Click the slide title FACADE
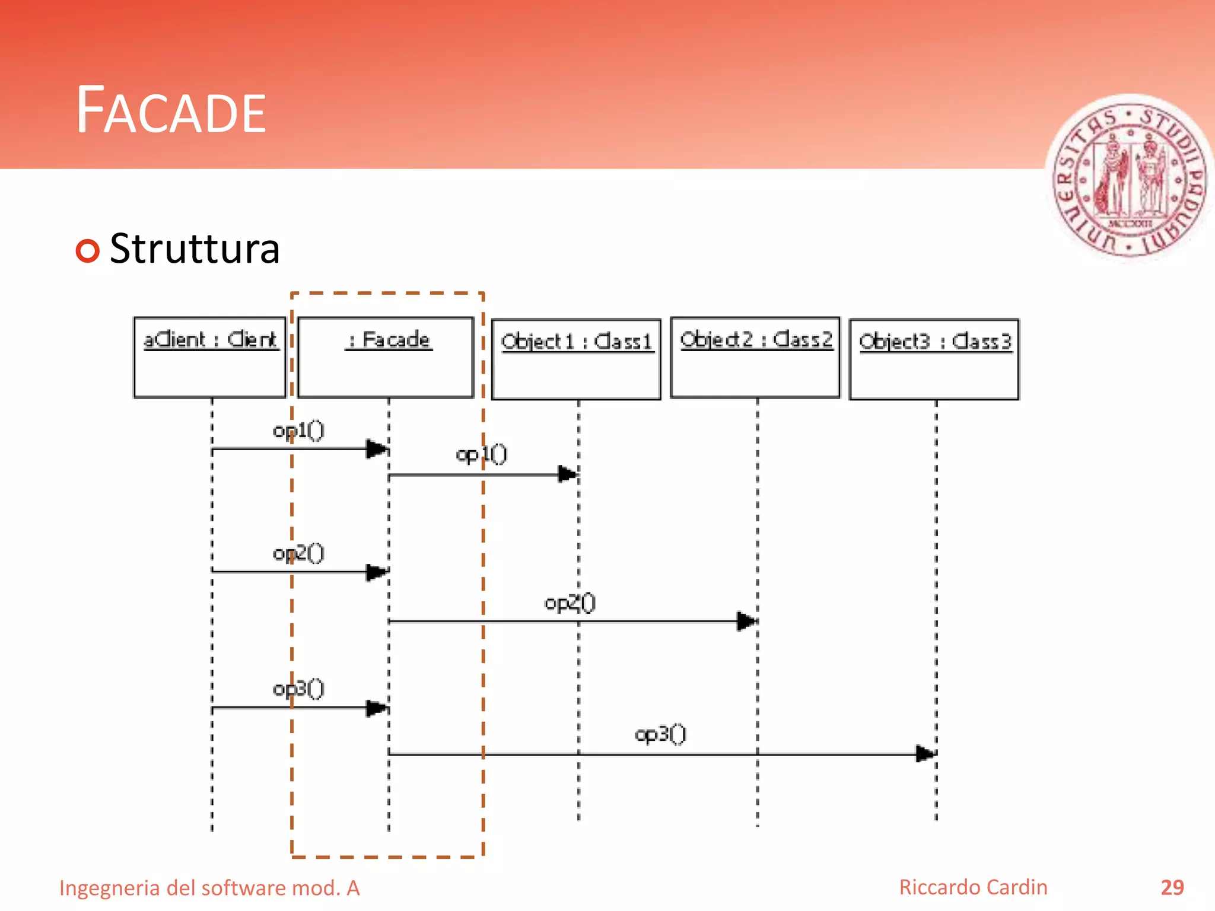click(171, 110)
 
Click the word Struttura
click(195, 249)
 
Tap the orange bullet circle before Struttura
click(88, 250)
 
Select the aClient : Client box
click(210, 358)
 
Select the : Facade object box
click(386, 358)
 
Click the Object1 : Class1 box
click(576, 359)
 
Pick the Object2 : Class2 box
click(755, 358)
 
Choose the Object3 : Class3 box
click(934, 359)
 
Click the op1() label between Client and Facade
click(298, 431)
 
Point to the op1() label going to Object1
click(481, 455)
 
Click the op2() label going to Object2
click(570, 603)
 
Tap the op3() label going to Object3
click(660, 735)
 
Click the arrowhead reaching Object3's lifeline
click(925, 754)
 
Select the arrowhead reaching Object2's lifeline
click(746, 621)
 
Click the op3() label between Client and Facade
click(298, 689)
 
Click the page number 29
click(1172, 887)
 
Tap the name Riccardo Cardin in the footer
click(973, 887)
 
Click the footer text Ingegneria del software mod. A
click(209, 888)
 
